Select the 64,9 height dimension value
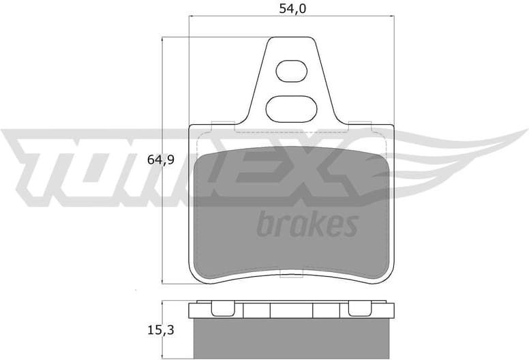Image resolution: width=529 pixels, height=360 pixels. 162,161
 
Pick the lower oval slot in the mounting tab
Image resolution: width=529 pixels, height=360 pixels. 291,106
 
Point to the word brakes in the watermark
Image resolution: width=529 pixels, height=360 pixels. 307,224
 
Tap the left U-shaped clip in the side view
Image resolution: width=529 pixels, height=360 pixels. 222,309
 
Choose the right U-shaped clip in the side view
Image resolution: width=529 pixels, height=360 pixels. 359,309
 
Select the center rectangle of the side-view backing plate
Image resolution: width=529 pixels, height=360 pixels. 291,310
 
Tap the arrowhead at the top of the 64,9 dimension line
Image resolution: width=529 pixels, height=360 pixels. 162,42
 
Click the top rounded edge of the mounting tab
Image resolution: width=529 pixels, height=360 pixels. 291,38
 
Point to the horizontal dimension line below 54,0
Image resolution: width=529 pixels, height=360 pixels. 291,21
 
